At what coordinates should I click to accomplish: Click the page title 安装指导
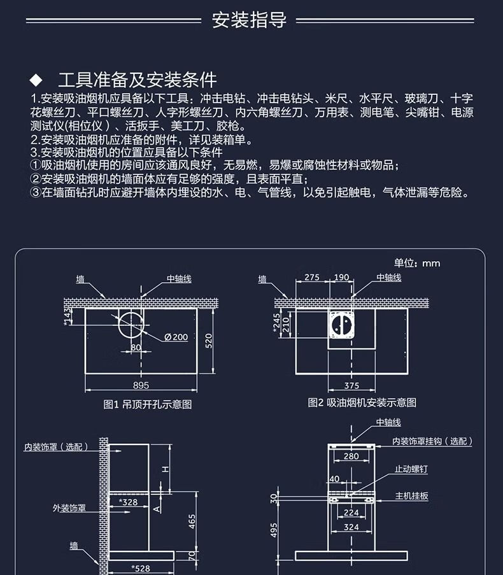(249, 20)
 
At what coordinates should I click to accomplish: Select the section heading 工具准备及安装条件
(137, 80)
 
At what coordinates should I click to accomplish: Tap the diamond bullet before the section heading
(36, 80)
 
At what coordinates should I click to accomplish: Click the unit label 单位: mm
(416, 263)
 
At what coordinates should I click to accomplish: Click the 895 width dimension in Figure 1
(141, 385)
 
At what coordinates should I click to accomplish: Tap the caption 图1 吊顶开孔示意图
(148, 404)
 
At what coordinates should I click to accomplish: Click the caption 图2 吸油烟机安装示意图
(362, 402)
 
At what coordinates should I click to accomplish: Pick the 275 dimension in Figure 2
(311, 277)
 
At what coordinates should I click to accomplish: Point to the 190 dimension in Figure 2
(341, 277)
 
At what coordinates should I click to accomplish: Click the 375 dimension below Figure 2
(351, 385)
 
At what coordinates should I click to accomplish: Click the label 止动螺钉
(411, 469)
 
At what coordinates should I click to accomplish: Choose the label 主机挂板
(412, 495)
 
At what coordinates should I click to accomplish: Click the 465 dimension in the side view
(191, 523)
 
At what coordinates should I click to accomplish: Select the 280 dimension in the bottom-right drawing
(351, 456)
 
